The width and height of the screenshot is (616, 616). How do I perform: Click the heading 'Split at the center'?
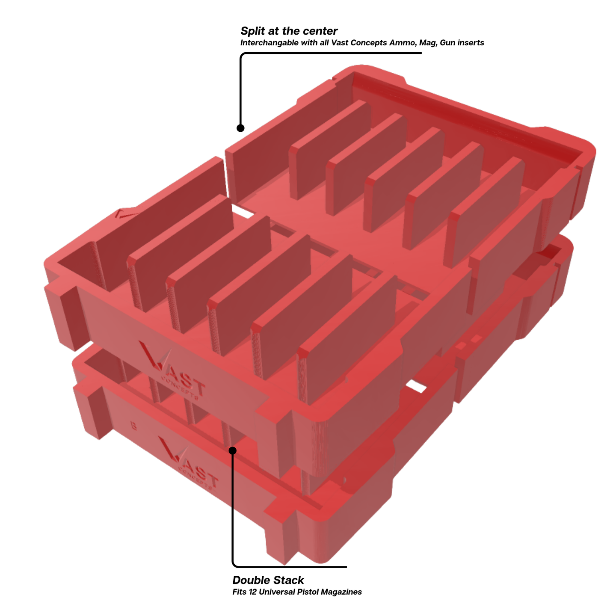289,31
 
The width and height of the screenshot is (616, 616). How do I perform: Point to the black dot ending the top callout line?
240,128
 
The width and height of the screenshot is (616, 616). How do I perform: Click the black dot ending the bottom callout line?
233,450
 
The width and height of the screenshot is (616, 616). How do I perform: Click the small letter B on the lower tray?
133,426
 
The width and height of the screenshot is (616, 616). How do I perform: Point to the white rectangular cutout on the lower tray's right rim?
415,386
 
